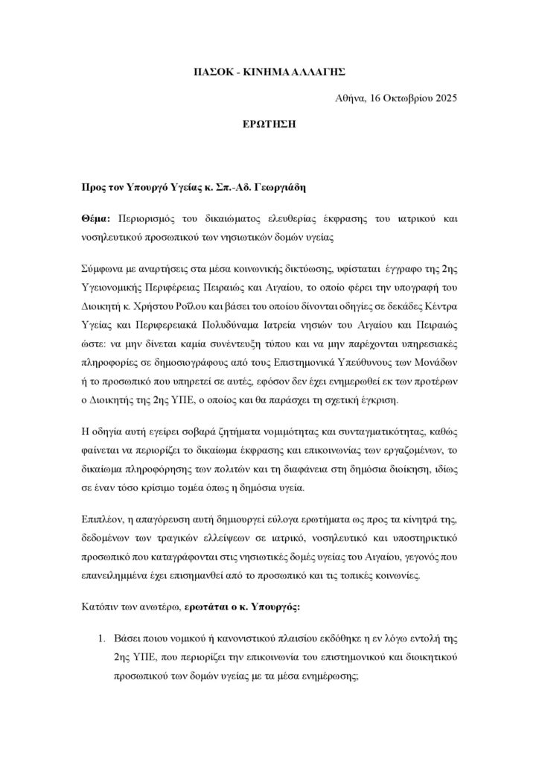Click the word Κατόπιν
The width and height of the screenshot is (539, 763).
(101, 607)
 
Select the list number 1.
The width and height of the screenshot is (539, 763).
(103, 639)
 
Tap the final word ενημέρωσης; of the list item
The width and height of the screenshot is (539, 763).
(324, 678)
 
